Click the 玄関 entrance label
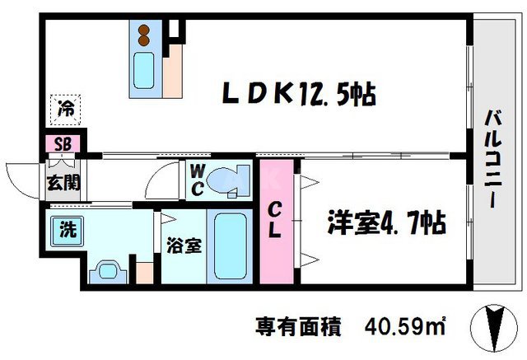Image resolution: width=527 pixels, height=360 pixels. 63,183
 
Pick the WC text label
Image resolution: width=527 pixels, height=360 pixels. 198,180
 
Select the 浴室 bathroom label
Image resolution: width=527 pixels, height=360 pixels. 180,245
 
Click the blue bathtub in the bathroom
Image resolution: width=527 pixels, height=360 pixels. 230,246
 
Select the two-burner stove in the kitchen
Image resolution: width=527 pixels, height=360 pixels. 144,34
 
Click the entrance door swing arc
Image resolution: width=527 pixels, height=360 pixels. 23,175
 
